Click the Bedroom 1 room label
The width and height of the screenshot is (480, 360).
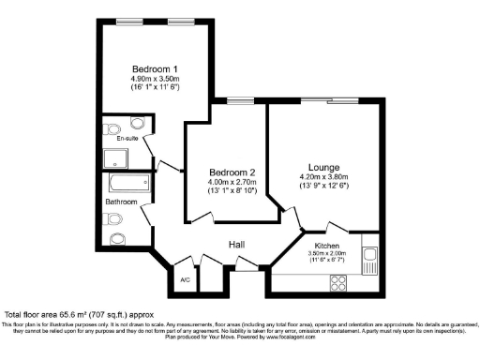click(x=155, y=69)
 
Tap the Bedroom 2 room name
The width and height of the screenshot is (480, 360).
click(x=232, y=172)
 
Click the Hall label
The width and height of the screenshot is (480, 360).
click(x=236, y=245)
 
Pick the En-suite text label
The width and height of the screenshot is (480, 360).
click(x=114, y=137)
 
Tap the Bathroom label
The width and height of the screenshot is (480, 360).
click(x=121, y=202)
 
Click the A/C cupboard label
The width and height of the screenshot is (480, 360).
click(x=185, y=278)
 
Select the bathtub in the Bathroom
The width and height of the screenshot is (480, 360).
click(x=125, y=182)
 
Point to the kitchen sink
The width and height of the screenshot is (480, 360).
click(x=369, y=255)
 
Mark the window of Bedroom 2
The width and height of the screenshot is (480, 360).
click(x=240, y=100)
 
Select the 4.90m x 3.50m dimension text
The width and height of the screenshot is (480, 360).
click(x=155, y=79)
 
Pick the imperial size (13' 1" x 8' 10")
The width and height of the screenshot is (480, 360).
click(x=232, y=191)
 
